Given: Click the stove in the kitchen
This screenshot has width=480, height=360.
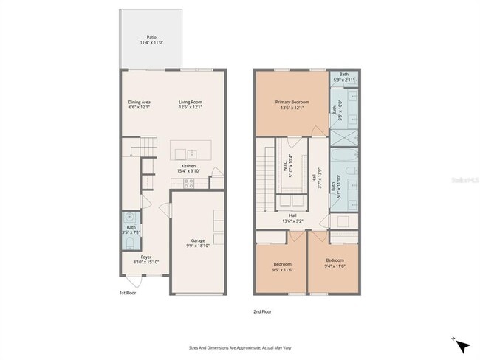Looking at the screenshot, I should tap(188, 184).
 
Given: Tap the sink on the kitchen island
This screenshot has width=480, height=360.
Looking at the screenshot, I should tap(191, 153).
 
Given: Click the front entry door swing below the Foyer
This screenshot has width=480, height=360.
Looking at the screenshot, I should tap(134, 283).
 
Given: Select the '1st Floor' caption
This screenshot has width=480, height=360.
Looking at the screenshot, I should tap(128, 293).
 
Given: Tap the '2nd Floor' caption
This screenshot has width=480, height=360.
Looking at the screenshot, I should tap(262, 312).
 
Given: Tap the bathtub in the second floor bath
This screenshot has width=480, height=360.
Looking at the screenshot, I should tap(345, 157).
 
